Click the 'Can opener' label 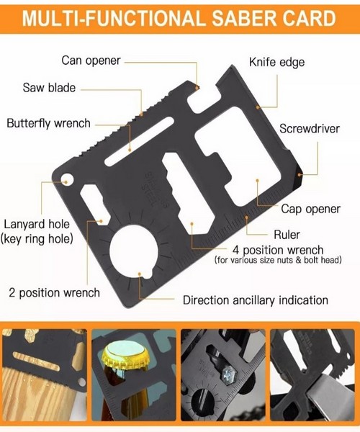(x=91, y=61)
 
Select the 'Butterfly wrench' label (x=49, y=123)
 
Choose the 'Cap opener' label (x=311, y=209)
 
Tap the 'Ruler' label (x=287, y=235)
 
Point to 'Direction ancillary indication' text (x=256, y=300)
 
